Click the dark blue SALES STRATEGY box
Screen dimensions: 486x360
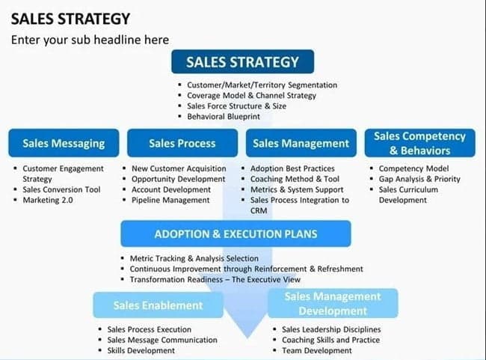(x=243, y=61)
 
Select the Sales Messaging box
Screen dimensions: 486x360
(x=64, y=143)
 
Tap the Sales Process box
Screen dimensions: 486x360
(x=182, y=143)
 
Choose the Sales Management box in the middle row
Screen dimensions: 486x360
(x=301, y=143)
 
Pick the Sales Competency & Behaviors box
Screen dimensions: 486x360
(x=419, y=143)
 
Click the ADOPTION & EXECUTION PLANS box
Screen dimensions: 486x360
(x=236, y=234)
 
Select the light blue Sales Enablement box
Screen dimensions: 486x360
(x=158, y=305)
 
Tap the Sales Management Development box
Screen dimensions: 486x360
(x=333, y=304)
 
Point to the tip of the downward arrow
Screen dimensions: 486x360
(x=247, y=338)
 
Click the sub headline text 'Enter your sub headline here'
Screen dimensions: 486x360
(x=90, y=40)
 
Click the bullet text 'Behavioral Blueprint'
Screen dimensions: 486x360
(x=224, y=117)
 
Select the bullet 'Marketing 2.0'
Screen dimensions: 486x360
(x=48, y=200)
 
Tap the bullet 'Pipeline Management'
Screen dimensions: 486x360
(x=170, y=200)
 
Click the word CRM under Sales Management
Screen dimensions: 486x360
(x=259, y=211)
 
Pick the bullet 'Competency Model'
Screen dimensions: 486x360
(x=413, y=168)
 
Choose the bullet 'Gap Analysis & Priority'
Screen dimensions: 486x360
(x=419, y=179)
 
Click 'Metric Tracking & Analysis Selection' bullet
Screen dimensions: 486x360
(x=194, y=258)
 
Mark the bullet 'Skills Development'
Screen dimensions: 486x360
(x=141, y=350)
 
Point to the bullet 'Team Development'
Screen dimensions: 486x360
(x=317, y=350)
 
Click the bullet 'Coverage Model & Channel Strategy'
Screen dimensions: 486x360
(x=251, y=96)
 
